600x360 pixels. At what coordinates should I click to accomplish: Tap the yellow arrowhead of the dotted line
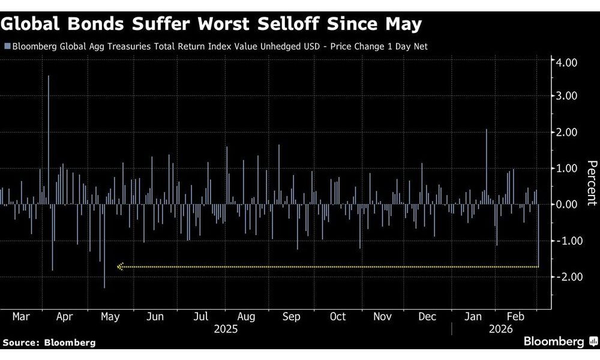point(120,266)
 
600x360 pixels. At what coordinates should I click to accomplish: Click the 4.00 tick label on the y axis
point(566,62)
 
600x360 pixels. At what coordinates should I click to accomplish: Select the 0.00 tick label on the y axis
point(566,205)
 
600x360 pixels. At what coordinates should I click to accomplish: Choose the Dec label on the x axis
point(428,316)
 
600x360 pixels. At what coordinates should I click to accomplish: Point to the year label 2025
point(226,329)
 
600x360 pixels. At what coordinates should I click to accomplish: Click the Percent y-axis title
point(592,183)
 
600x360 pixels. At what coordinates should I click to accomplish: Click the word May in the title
point(403,25)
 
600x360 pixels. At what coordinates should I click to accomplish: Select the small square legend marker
point(7,46)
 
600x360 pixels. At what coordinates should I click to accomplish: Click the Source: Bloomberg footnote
point(49,342)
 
